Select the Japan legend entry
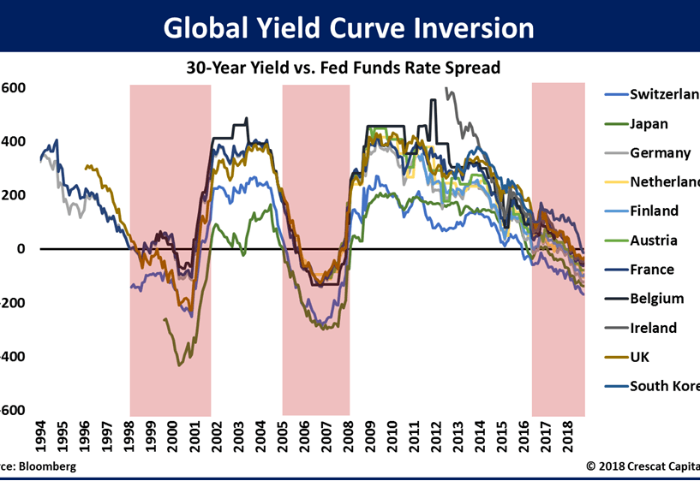(649, 123)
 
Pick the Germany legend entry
(660, 152)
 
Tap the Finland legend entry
(654, 211)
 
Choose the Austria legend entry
(653, 240)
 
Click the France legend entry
(652, 269)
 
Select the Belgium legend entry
(656, 298)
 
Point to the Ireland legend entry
(653, 327)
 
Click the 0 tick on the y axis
(21, 249)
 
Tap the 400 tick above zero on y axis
(12, 141)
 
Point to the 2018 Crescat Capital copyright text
(643, 466)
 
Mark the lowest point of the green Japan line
(179, 365)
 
